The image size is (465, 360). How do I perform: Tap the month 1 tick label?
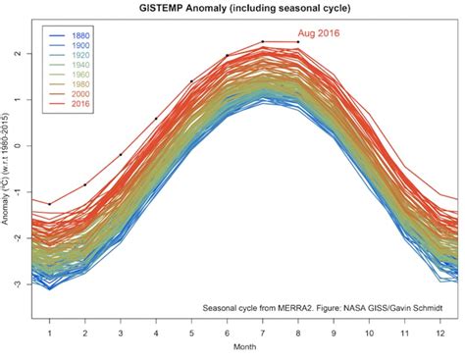pyautogui.click(x=50, y=334)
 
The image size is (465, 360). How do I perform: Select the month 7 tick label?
pyautogui.click(x=263, y=334)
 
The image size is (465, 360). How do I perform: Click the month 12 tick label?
pyautogui.click(x=439, y=334)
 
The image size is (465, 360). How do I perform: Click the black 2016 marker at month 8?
pyautogui.click(x=298, y=42)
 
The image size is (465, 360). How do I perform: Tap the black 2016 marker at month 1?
pyautogui.click(x=50, y=203)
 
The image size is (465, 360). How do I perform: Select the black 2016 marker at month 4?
pyautogui.click(x=156, y=119)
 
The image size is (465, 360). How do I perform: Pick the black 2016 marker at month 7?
pyautogui.click(x=263, y=42)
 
